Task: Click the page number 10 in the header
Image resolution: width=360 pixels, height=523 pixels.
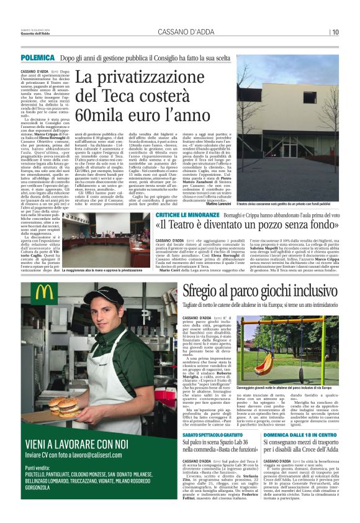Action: click(335, 32)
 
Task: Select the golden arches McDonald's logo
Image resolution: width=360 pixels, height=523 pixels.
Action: click(45, 293)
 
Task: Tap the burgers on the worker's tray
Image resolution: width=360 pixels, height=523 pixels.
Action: click(70, 406)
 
